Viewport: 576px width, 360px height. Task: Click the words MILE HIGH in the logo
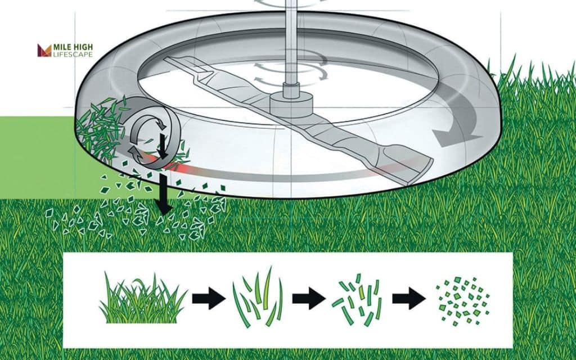(73, 47)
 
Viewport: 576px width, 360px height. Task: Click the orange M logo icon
(44, 50)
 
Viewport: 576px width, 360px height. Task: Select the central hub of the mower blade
(292, 104)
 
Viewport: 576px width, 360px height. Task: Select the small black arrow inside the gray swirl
(162, 146)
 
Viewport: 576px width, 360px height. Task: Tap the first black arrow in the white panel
(209, 298)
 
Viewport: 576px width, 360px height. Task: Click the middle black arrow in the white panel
(309, 298)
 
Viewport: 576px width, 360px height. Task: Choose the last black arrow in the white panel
(409, 298)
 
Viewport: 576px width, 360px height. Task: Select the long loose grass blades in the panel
(258, 297)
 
